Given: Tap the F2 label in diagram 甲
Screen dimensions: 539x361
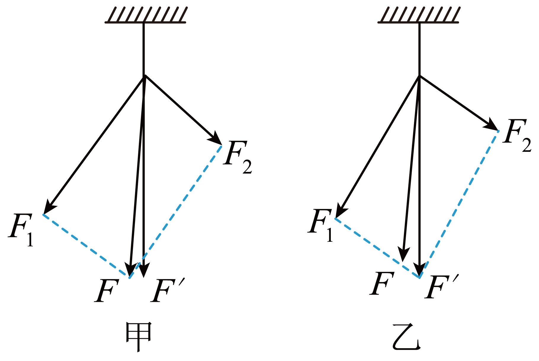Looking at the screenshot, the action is [x=238, y=157].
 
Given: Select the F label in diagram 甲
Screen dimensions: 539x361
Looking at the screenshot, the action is [x=107, y=290].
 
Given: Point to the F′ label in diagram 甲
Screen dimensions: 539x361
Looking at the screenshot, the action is [x=168, y=290].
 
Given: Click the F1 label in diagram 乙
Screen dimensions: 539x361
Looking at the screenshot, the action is [x=320, y=225].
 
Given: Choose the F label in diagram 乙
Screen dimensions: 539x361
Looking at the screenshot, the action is [x=382, y=283].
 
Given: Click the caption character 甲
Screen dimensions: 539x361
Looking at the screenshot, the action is [x=139, y=337].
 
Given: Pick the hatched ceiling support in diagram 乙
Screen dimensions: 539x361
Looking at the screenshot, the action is [x=418, y=15].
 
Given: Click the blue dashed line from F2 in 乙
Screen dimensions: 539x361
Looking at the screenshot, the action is [x=459, y=204].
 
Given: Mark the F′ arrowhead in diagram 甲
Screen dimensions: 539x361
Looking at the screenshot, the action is [x=144, y=270].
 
